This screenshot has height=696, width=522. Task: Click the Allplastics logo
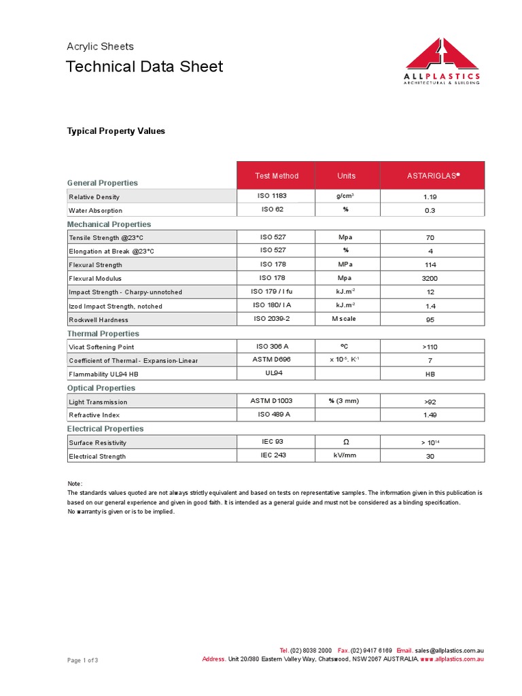pyautogui.click(x=441, y=61)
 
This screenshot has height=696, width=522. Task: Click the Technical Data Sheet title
pyautogui.click(x=144, y=67)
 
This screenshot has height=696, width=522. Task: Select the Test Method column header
pyautogui.click(x=277, y=176)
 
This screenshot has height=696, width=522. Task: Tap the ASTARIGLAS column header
pyautogui.click(x=433, y=176)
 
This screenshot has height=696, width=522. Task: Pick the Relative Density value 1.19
pyautogui.click(x=430, y=197)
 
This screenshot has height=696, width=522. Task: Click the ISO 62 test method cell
pyautogui.click(x=277, y=209)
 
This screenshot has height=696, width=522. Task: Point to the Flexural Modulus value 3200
pyautogui.click(x=430, y=279)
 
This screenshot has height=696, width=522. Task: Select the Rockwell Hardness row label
pyautogui.click(x=99, y=319)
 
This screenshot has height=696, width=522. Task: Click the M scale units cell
pyautogui.click(x=344, y=319)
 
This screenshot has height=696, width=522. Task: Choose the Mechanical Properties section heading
pyautogui.click(x=109, y=224)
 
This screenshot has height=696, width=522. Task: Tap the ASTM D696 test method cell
pyautogui.click(x=277, y=360)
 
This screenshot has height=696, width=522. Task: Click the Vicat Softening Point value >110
pyautogui.click(x=430, y=347)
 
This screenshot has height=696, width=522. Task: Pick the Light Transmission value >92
pyautogui.click(x=430, y=402)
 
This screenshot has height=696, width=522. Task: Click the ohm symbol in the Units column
pyautogui.click(x=345, y=442)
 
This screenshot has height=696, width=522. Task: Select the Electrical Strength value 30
pyautogui.click(x=430, y=456)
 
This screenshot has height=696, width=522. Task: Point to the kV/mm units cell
pyautogui.click(x=345, y=455)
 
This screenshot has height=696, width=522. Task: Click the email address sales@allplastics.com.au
pyautogui.click(x=449, y=650)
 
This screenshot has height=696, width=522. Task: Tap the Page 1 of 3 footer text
pyautogui.click(x=82, y=660)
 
